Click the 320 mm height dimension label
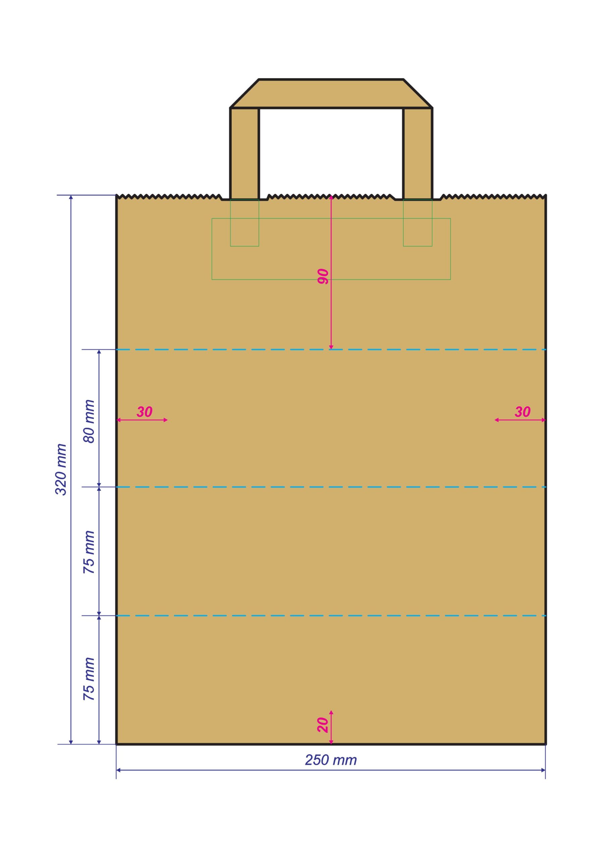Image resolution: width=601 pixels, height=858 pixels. [61, 470]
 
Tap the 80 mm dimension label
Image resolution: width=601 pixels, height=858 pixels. [89, 421]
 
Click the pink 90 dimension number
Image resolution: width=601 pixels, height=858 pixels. [323, 277]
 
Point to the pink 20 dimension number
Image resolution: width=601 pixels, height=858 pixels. [322, 725]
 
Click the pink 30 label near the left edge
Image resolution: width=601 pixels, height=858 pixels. [144, 412]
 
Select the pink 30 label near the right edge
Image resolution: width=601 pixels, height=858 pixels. [523, 412]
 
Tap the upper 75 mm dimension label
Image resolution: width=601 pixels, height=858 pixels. [89, 552]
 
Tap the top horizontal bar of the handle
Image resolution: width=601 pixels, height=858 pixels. [331, 94]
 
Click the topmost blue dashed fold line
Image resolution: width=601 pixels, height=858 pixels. [331, 350]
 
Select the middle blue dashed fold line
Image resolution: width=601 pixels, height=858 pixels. [331, 487]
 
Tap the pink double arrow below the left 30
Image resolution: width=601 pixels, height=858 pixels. [142, 420]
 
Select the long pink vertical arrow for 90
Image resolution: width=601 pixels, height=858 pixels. [331, 272]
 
